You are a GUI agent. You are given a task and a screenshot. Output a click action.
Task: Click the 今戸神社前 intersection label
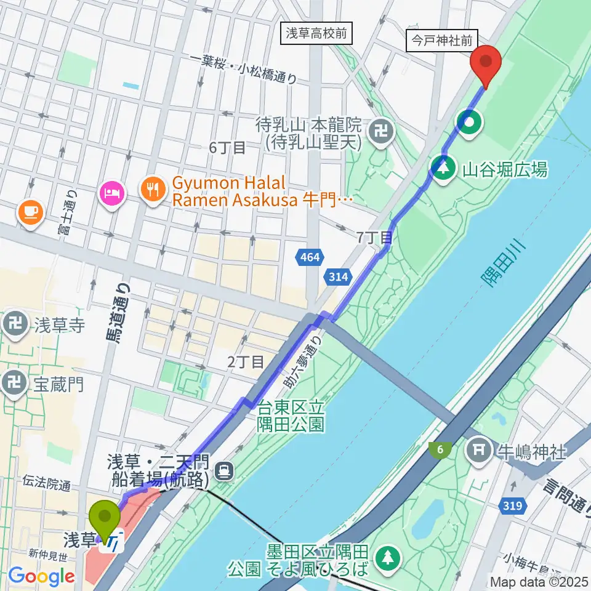coord(443,42)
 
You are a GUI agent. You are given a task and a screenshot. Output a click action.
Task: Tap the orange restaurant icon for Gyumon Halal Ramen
coord(151,187)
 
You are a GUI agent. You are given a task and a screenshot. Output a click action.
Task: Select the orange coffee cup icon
coord(30,212)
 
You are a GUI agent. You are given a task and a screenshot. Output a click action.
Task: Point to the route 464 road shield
coord(311,257)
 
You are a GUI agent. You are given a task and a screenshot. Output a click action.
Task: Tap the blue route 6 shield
coord(440,451)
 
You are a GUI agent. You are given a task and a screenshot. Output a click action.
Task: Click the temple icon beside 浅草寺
coord(15,323)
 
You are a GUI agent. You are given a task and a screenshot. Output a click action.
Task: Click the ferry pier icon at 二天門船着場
coord(225,472)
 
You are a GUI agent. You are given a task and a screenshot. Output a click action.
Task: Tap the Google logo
coord(42,576)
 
